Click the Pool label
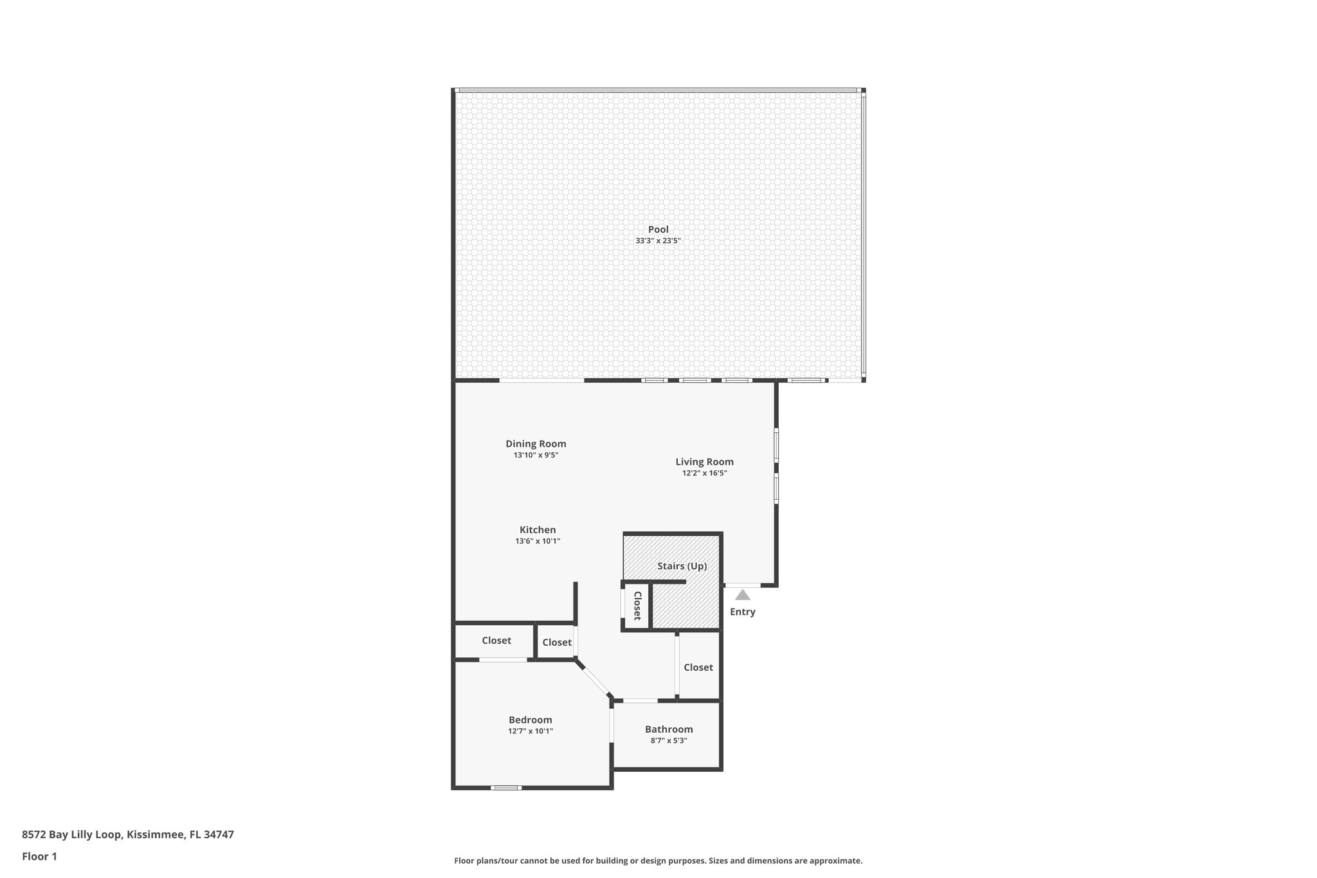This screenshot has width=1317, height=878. point(658,230)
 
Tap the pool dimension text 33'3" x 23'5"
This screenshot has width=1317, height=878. point(658,241)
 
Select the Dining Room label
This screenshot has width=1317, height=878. point(536,444)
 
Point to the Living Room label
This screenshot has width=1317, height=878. point(704,462)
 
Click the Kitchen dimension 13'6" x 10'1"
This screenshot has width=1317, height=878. point(538,541)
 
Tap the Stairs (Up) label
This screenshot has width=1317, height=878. point(682,566)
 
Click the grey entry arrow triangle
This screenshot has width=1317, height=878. point(742,595)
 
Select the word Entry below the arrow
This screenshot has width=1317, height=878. point(742,612)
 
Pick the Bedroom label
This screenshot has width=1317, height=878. point(530,720)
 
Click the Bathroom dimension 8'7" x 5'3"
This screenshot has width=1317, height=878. point(669,740)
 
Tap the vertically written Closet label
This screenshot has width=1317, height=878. point(637,606)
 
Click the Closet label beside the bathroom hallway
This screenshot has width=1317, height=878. point(698,668)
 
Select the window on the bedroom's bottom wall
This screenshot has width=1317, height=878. point(505,787)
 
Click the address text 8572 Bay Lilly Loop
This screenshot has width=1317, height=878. point(71,835)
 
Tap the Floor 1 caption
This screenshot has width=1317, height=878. point(39,856)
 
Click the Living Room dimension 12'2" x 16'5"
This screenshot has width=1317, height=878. point(704,473)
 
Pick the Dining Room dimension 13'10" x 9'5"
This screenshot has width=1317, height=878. point(536,455)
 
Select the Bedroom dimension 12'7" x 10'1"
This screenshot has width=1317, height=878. point(530,731)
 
